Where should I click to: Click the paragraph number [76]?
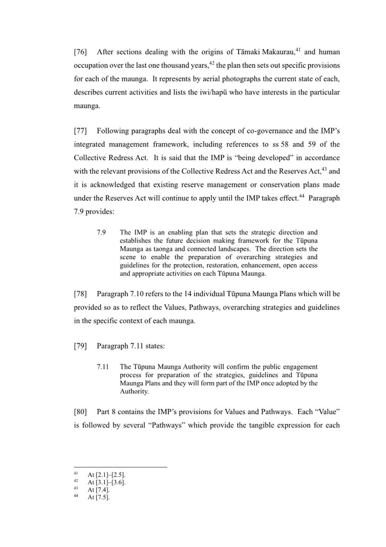coord(80,52)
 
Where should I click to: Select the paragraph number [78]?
coord(80,294)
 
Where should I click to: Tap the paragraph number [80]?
coord(80,412)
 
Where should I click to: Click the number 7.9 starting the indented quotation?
coord(101,232)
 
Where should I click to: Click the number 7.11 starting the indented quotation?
coord(103,367)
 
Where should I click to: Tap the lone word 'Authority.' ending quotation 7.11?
coord(134,392)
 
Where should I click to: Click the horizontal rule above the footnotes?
coord(121,467)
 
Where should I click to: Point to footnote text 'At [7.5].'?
coord(98,497)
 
